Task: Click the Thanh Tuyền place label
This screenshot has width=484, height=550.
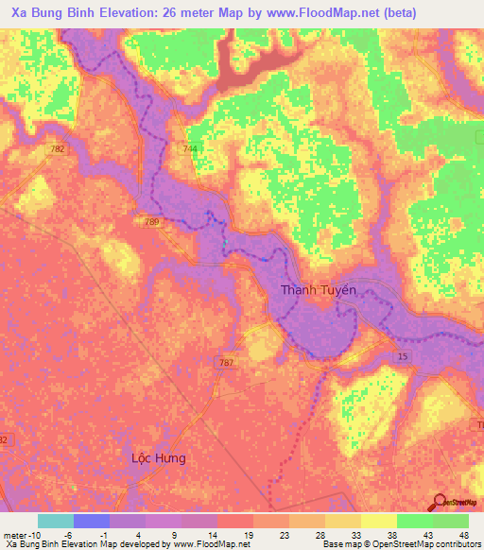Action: [319, 289]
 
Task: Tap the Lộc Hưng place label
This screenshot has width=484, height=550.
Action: [158, 457]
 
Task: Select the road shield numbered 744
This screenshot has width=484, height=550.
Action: [192, 149]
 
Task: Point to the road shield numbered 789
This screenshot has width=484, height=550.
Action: [151, 221]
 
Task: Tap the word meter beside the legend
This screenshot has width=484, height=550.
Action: [12, 534]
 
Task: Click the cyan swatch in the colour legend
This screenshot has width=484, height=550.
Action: [56, 521]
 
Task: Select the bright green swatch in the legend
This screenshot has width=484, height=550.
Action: [414, 521]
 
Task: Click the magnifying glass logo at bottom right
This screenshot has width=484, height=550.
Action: [441, 502]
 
